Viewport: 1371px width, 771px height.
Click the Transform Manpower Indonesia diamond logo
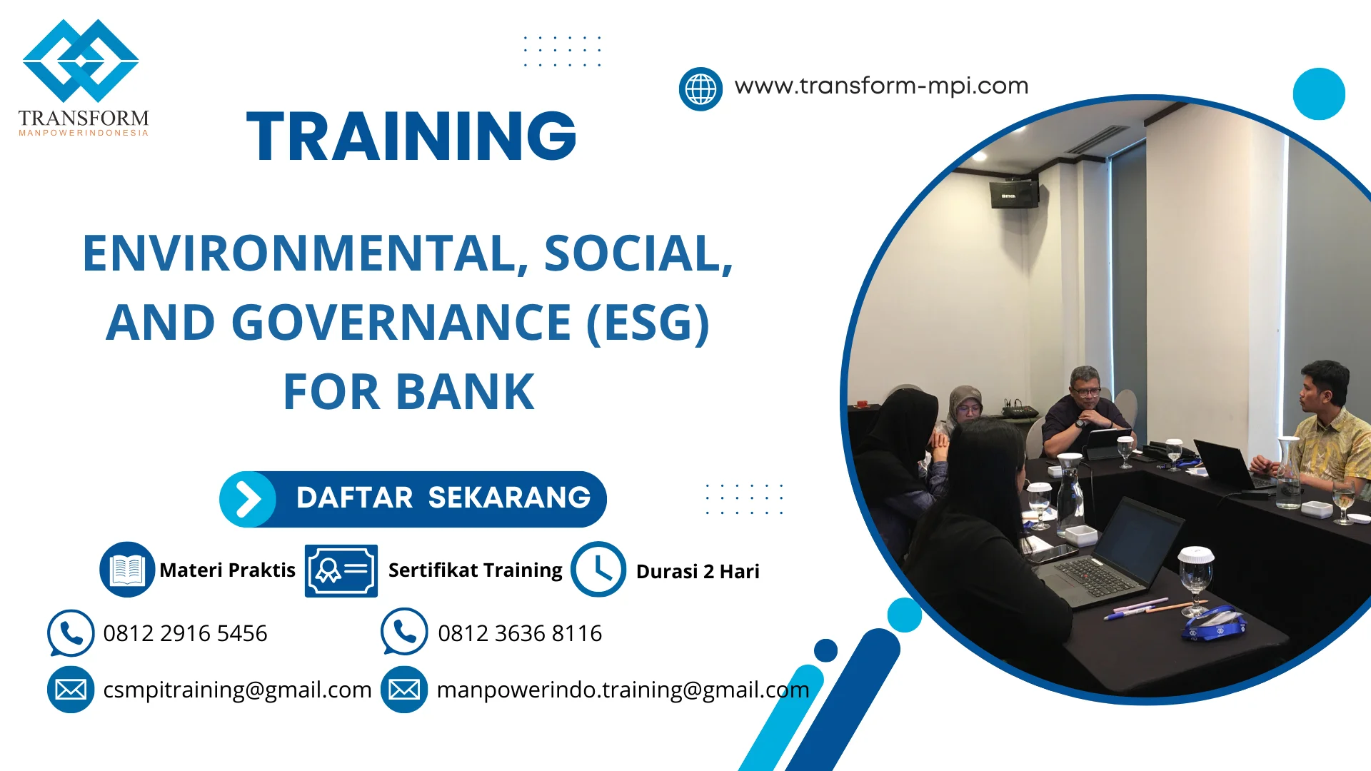click(81, 61)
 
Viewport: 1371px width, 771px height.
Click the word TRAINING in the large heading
click(411, 136)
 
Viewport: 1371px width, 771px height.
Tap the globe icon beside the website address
click(700, 89)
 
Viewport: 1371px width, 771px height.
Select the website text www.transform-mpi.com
click(881, 86)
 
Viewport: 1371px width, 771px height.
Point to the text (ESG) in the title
click(648, 323)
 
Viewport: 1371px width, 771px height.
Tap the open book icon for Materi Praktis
click(127, 570)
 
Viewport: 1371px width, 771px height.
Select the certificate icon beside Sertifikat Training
click(341, 570)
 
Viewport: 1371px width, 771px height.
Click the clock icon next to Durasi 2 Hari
click(598, 570)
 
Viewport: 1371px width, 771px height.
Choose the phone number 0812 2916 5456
click(185, 633)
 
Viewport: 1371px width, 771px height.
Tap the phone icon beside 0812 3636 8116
click(404, 632)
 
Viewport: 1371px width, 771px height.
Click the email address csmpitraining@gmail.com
click(237, 690)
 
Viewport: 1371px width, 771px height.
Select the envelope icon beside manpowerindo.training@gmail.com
click(404, 690)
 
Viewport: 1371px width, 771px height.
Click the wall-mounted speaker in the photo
click(1014, 193)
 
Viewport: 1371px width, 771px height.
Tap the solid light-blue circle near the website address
click(1319, 94)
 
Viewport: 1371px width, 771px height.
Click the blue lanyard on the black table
click(1214, 624)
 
